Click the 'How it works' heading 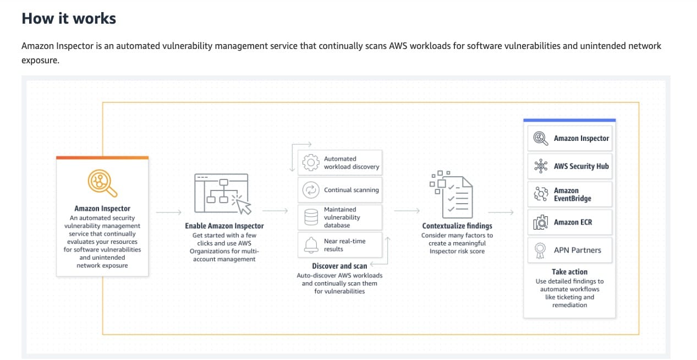point(69,18)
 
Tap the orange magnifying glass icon point(102,183)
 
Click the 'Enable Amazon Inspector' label point(224,226)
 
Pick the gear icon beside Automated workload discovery point(311,162)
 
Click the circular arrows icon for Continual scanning point(311,190)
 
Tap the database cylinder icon point(311,217)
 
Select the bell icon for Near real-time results point(311,245)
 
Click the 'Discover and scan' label point(339,266)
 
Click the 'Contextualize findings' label point(457,226)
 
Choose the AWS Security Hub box point(569,166)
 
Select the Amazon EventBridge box point(569,194)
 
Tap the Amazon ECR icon point(540,222)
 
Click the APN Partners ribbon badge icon point(540,250)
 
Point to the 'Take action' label point(569,272)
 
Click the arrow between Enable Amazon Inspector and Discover point(275,211)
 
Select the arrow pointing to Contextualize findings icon point(407,211)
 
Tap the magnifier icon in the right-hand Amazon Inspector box point(540,138)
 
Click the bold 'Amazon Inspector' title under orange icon point(102,209)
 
